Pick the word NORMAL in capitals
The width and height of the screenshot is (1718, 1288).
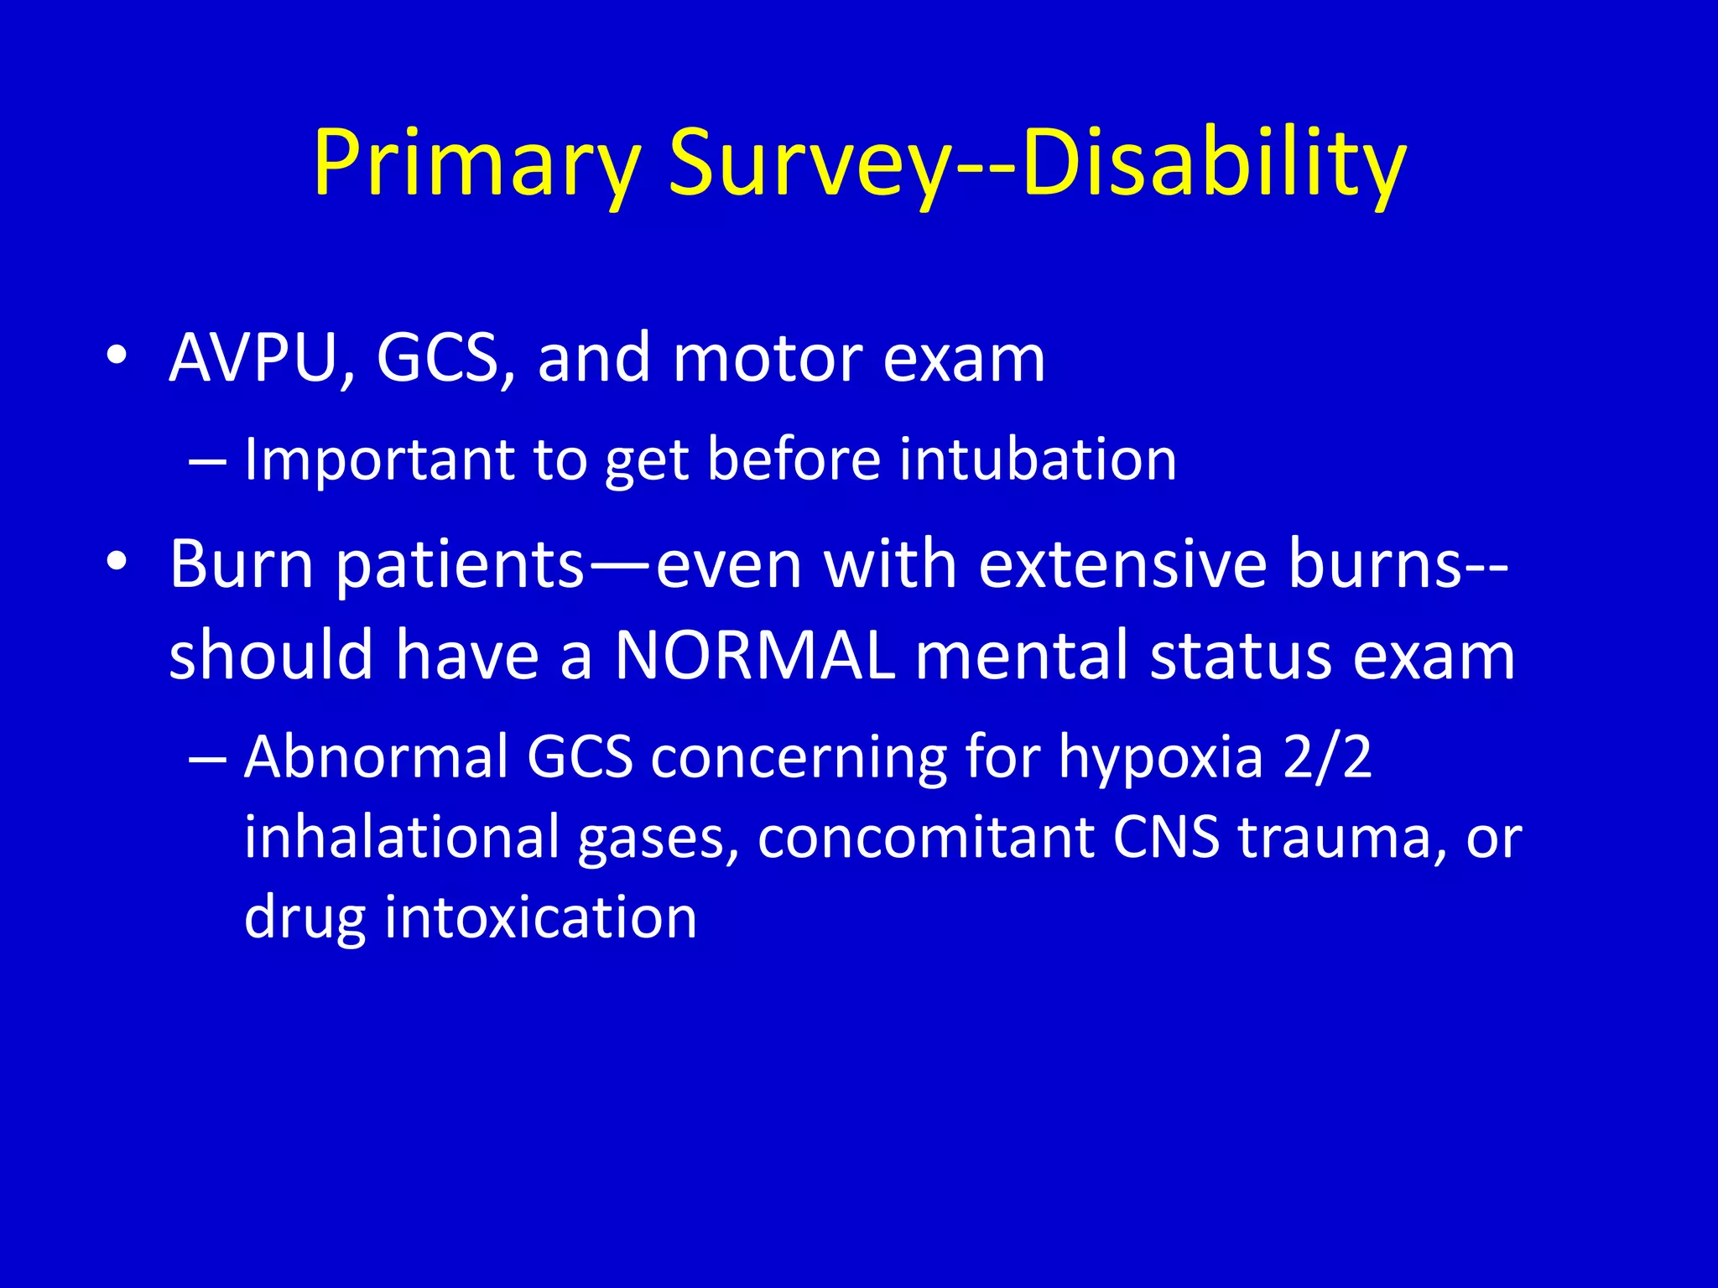point(754,656)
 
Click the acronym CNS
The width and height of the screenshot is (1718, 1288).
point(1166,837)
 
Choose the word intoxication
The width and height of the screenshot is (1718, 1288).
point(541,917)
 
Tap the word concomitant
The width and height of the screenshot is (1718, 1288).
point(926,837)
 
